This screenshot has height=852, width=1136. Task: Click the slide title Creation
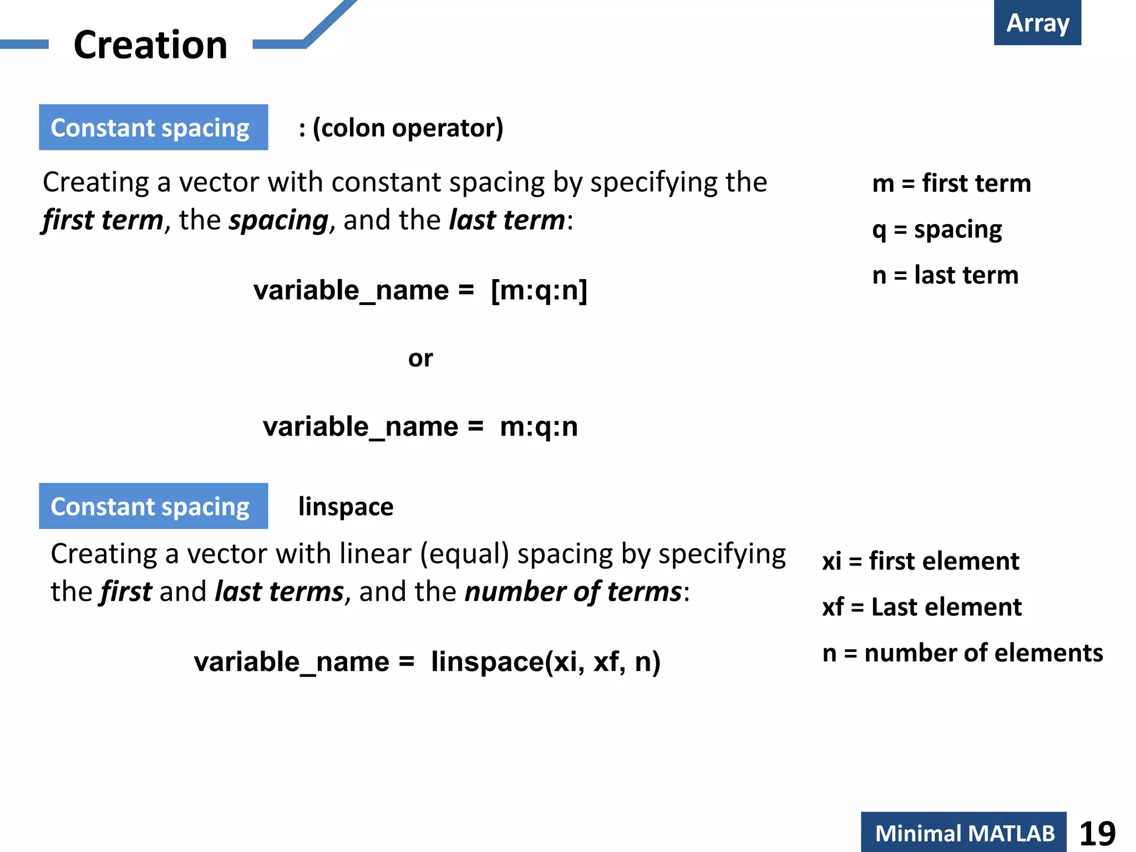(x=150, y=45)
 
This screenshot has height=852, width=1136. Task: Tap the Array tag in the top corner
(x=1037, y=23)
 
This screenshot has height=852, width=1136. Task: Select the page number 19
(x=1097, y=833)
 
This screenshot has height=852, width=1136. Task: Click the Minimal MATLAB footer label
(x=964, y=833)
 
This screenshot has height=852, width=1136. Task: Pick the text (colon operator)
(x=408, y=128)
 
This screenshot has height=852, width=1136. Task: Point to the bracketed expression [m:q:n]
(x=539, y=290)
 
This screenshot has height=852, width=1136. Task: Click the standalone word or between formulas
(x=420, y=358)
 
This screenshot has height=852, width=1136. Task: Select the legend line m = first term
(x=951, y=183)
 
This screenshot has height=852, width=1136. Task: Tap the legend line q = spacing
(x=937, y=229)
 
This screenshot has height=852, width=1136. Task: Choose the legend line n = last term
(x=945, y=275)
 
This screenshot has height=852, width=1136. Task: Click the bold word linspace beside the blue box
(x=346, y=506)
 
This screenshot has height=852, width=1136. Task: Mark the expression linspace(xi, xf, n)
(x=545, y=662)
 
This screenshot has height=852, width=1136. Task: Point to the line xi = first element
(x=920, y=561)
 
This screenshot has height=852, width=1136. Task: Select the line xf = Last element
(x=921, y=607)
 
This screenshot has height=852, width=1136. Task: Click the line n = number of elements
(x=962, y=653)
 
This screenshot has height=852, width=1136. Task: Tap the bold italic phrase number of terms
(x=573, y=592)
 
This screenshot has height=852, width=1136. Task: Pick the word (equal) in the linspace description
(x=464, y=554)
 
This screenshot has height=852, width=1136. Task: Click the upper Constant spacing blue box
(x=153, y=128)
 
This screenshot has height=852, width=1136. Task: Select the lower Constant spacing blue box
(x=153, y=506)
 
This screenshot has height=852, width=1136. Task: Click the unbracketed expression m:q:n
(x=539, y=427)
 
